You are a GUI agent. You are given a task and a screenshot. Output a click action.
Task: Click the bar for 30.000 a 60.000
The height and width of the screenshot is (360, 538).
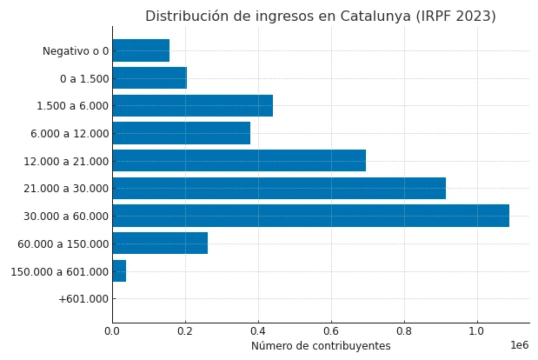coord(310,216)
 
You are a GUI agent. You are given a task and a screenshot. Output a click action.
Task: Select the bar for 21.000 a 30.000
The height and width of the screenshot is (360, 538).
coord(278,188)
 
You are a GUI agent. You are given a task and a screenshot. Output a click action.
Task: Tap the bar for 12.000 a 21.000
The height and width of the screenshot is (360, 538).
coord(239,161)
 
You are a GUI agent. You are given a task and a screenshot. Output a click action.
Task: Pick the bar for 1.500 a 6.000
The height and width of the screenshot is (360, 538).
coord(192,106)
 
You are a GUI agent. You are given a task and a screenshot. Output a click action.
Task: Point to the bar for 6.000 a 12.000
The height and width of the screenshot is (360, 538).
coord(181,133)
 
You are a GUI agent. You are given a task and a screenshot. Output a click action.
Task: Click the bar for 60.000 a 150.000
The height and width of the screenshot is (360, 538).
coord(160,243)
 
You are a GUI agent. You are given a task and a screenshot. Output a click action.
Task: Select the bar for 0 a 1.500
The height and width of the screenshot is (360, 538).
coord(149,78)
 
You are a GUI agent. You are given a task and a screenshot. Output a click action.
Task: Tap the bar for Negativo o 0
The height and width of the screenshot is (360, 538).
coord(141,50)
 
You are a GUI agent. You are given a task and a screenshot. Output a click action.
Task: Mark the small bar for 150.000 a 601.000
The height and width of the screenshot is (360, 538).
coord(119,271)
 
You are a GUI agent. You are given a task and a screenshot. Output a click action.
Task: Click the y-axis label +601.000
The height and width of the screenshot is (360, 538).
coord(83,299)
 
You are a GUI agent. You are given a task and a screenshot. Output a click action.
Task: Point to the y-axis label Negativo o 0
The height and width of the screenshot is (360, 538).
coord(76,51)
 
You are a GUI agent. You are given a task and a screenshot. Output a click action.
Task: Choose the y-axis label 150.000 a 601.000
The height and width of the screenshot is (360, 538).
coord(59,271)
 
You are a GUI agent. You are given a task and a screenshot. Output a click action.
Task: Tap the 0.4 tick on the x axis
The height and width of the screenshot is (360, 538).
coord(258,330)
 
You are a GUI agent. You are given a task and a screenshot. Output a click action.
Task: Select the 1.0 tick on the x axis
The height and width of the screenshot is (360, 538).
coord(476,330)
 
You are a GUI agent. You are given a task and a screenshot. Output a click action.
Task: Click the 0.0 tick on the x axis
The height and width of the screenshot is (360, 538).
coord(112,330)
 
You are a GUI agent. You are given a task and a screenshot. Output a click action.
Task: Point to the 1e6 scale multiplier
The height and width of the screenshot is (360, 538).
coord(519,345)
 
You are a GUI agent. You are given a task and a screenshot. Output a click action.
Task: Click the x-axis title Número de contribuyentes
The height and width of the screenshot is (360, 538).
coord(321,346)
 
